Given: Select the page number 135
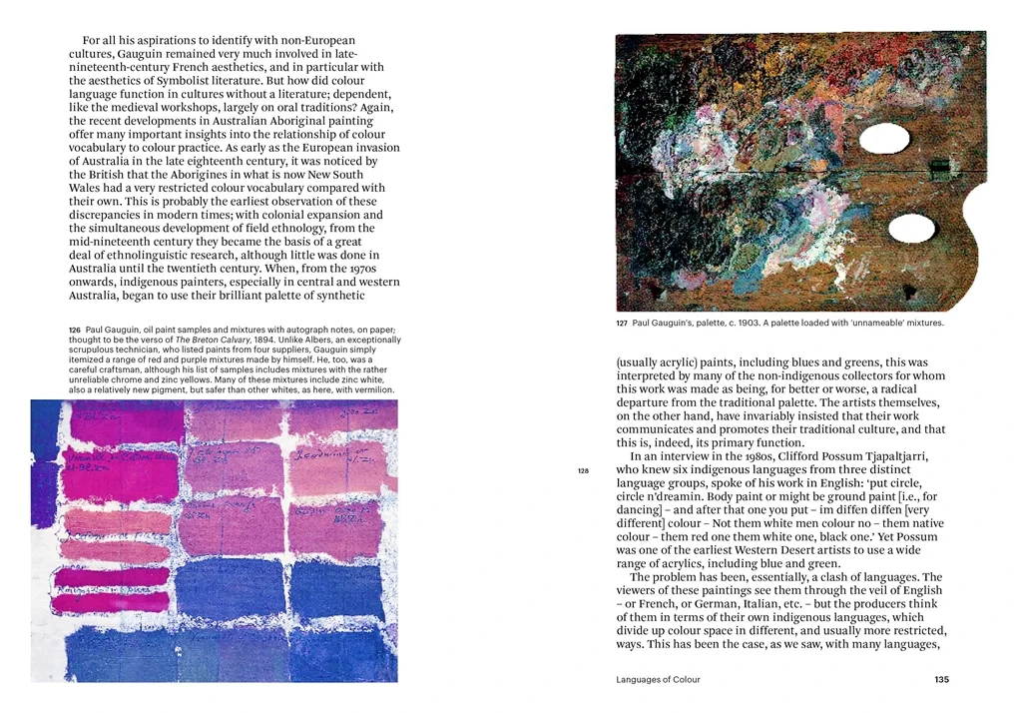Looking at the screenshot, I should coord(941,679).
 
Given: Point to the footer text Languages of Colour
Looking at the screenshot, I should coord(658,679).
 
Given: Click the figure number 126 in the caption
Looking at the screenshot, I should coord(75,331).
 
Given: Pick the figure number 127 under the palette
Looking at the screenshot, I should coord(622,324).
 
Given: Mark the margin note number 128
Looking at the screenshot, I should coord(584,469).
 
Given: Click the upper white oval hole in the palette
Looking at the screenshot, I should coord(884,139).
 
